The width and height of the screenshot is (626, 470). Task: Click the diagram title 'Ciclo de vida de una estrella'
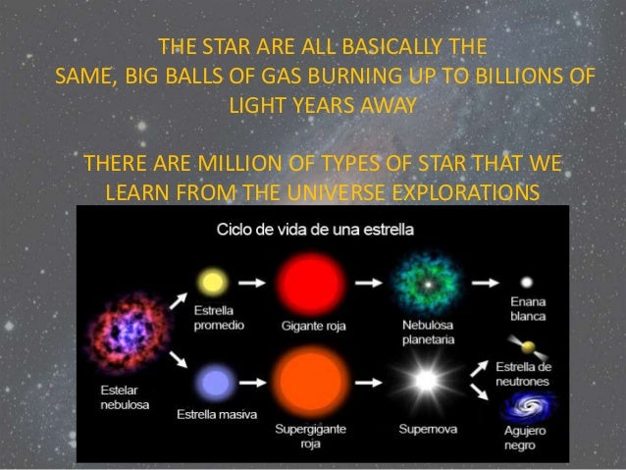314,230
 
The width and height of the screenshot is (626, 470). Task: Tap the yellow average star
210,283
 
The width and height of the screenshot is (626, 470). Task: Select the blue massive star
210,381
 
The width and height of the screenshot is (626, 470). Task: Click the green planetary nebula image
428,282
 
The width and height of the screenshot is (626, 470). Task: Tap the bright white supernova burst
426,381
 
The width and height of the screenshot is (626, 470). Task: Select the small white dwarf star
526,282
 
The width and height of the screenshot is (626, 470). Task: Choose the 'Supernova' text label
427,429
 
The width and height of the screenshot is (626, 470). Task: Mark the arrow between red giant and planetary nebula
370,283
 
